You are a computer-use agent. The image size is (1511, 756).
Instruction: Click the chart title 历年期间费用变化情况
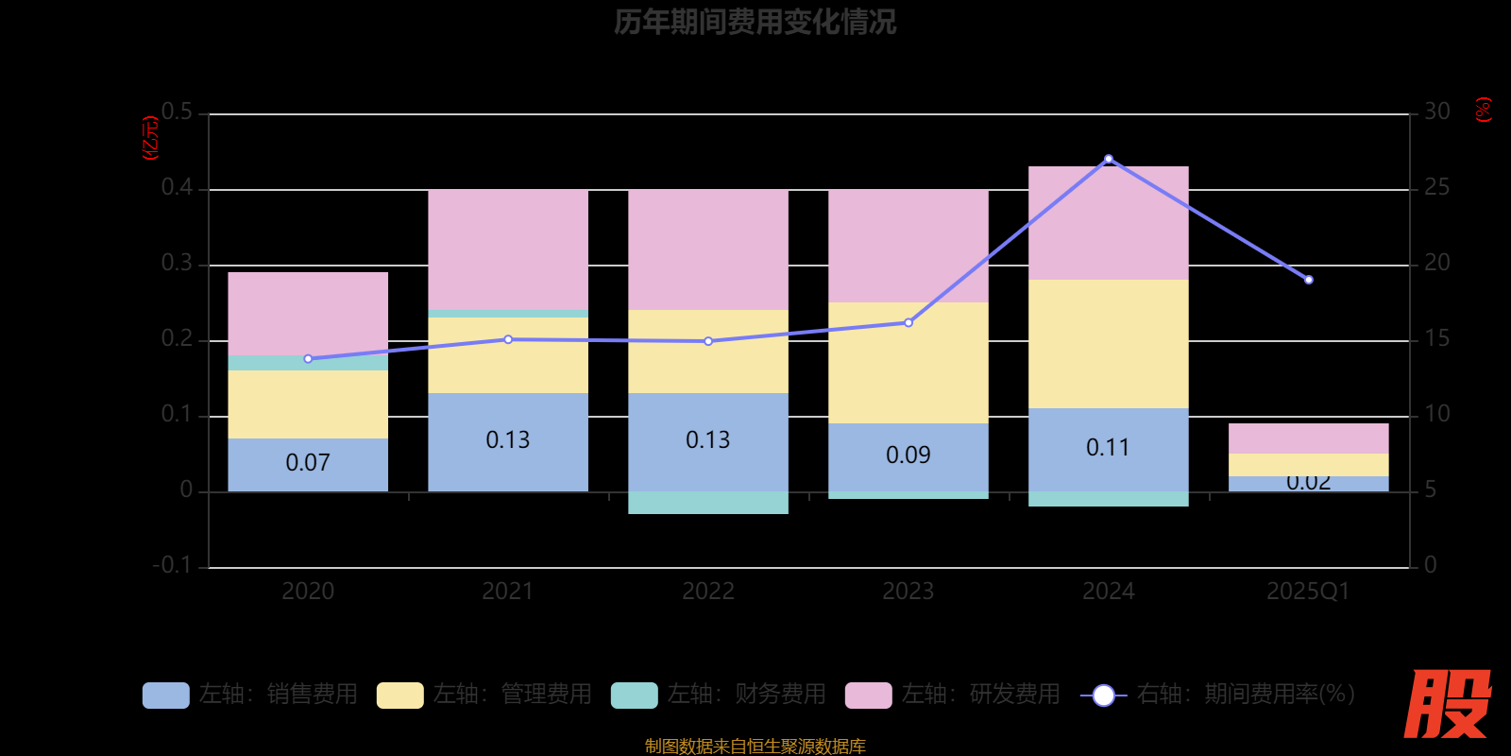coord(755,22)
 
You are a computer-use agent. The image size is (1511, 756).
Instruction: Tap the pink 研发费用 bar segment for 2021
coord(508,249)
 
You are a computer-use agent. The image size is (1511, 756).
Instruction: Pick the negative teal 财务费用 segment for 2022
coord(708,503)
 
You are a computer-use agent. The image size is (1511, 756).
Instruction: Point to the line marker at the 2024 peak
coord(1109,159)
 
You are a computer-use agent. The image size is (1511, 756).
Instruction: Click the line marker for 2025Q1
coord(1309,280)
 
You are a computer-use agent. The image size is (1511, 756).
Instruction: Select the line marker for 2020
coord(308,359)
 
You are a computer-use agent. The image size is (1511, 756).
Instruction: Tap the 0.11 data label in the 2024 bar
coord(1108,447)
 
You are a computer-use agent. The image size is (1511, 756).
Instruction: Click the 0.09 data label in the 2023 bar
coord(908,455)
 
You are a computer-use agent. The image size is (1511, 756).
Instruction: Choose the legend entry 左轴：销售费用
coord(250,695)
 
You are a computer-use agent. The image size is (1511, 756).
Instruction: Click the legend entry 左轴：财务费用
coord(719,695)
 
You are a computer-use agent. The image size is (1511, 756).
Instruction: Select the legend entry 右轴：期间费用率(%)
coord(1218,695)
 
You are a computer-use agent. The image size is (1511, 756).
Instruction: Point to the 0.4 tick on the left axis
coord(177,188)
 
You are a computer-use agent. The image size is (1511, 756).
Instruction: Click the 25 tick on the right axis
coord(1436,188)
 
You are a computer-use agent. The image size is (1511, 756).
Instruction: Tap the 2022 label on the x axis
coord(708,592)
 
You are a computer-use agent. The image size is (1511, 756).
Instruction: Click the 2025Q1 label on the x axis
coord(1308,592)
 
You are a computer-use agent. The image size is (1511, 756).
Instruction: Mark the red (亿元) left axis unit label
coord(149,138)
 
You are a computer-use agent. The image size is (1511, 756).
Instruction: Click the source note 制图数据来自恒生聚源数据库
coord(755,747)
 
